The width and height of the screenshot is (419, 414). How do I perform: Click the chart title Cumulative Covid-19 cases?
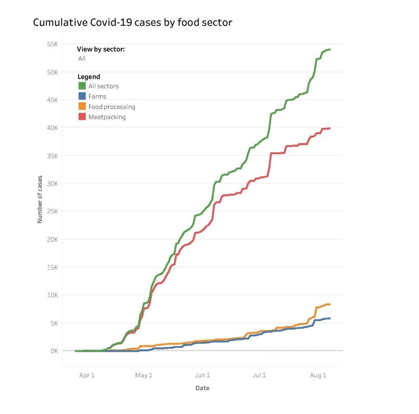coord(132,22)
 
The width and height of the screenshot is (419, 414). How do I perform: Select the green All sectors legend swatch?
coord(82,86)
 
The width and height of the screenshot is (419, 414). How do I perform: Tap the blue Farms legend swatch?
coord(82,97)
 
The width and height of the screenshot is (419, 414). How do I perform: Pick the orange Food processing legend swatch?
coord(82,107)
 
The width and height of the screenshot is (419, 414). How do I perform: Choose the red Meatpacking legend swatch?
coord(82,117)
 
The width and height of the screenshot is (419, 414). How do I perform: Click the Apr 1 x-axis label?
coord(87,375)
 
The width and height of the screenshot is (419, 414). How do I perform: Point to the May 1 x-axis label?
coord(144,375)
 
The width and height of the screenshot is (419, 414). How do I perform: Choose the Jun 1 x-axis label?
coord(202,375)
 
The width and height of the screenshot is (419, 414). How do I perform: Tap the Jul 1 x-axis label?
coord(259,375)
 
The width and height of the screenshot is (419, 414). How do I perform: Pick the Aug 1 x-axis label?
coord(318,375)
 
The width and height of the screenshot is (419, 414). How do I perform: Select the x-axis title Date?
coord(202,388)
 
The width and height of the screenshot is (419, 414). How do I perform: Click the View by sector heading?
coord(101,49)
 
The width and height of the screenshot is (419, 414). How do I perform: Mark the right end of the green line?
coord(330,49)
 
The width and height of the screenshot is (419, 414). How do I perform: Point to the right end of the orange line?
coord(329,305)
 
